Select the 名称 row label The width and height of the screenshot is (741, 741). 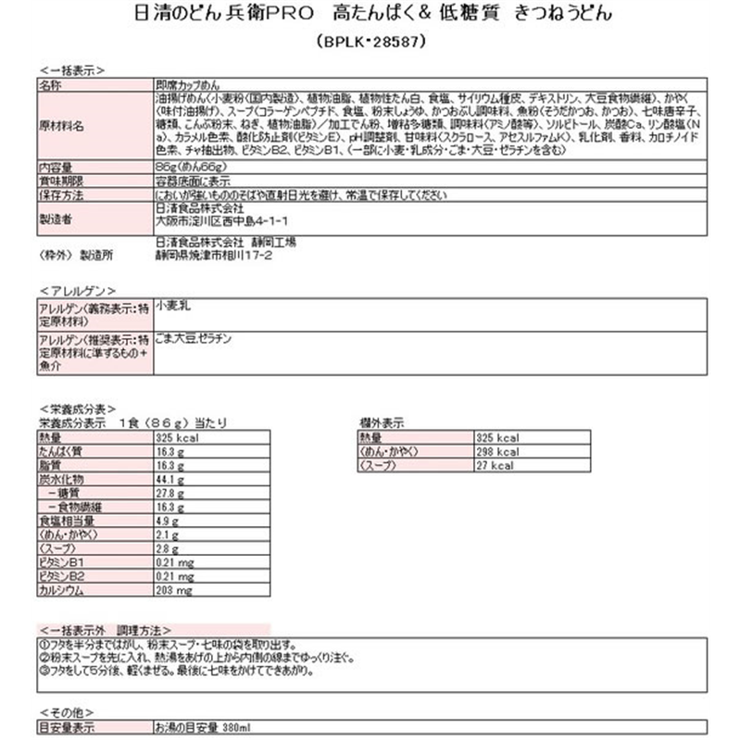(x=51, y=83)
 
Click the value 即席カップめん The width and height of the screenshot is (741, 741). (x=184, y=83)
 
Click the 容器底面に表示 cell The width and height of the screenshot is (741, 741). (x=192, y=181)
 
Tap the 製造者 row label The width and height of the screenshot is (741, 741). (x=57, y=218)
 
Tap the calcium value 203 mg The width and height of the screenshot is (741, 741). (x=173, y=591)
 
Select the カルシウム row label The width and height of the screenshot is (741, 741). (x=61, y=591)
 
